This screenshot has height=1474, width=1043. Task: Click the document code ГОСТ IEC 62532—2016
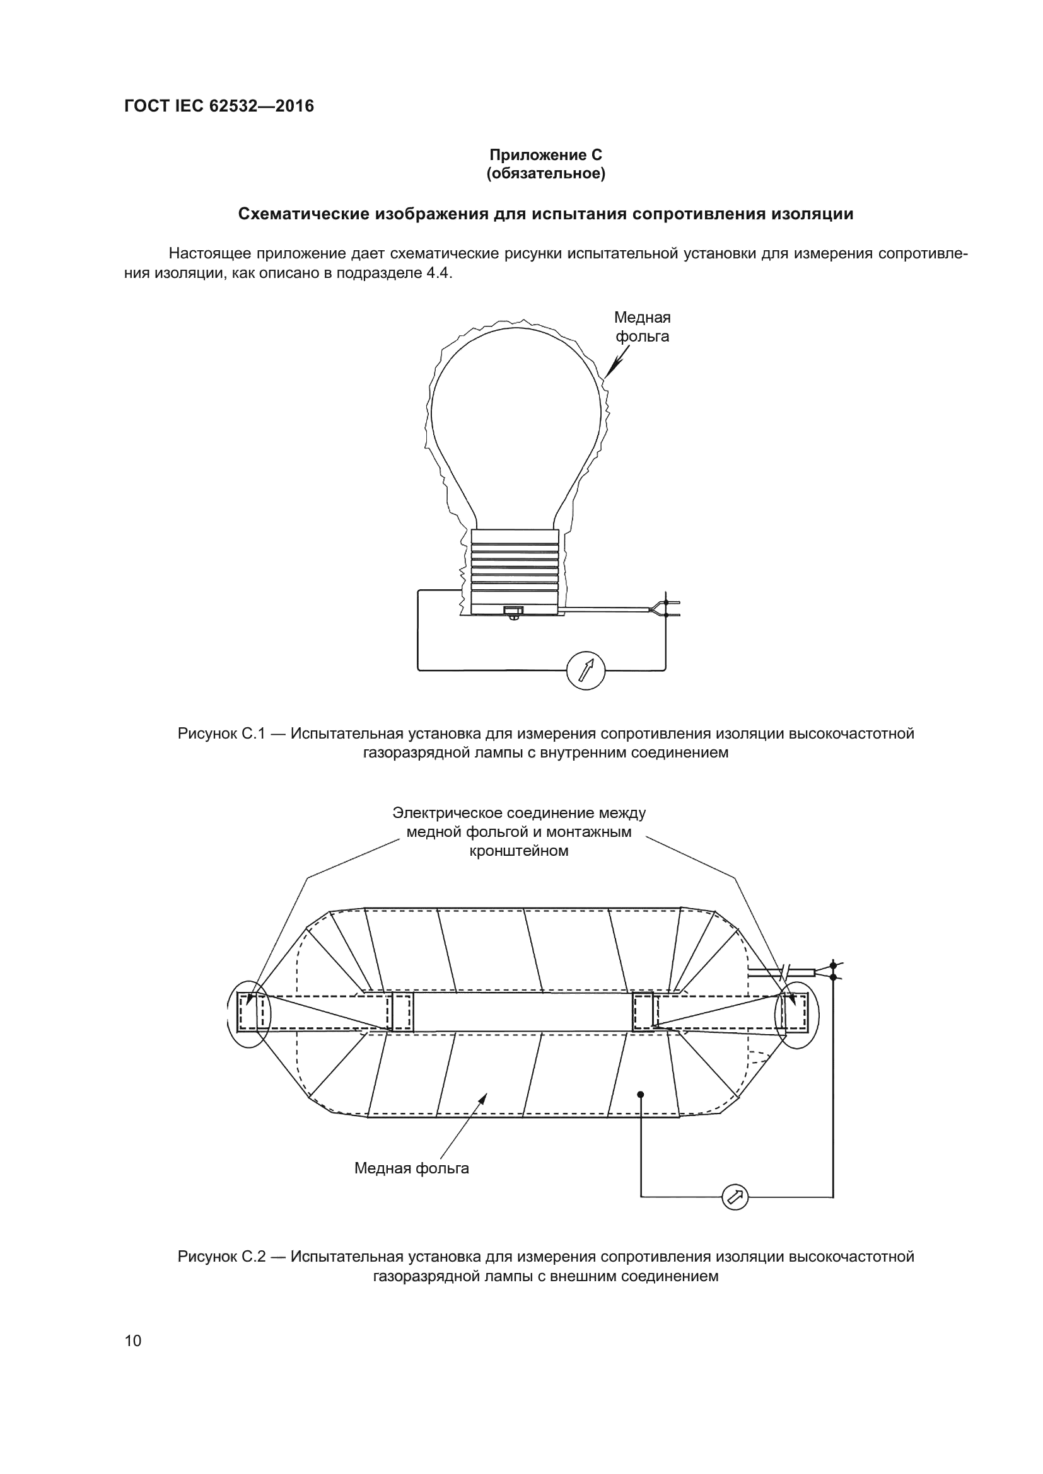point(219,106)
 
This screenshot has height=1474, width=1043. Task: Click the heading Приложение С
point(545,155)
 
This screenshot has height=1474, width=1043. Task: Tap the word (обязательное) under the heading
point(545,174)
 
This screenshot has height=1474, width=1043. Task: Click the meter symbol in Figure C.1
point(586,671)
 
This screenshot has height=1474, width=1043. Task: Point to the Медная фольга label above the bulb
point(641,327)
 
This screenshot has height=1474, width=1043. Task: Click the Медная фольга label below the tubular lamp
point(412,1168)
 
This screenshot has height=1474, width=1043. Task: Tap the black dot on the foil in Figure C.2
point(640,1095)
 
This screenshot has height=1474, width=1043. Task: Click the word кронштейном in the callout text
point(519,851)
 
